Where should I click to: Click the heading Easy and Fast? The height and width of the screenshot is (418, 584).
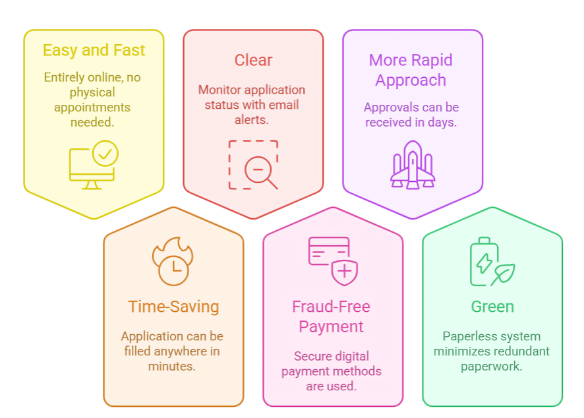(94, 50)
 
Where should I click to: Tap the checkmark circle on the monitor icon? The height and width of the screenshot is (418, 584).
(105, 153)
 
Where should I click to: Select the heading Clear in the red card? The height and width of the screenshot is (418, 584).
(253, 61)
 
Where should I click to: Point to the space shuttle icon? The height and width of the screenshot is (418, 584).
(413, 165)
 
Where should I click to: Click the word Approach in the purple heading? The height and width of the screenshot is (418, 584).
(411, 80)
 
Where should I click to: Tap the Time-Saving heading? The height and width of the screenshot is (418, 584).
(173, 307)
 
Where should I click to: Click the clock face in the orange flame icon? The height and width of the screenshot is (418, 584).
(173, 270)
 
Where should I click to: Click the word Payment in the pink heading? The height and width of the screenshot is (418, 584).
(331, 327)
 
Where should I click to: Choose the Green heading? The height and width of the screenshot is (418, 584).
(492, 307)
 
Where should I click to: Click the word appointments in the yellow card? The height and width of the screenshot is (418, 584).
(92, 107)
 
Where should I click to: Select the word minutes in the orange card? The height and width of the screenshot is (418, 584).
(171, 367)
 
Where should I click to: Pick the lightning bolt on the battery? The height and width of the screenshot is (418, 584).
(484, 263)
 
